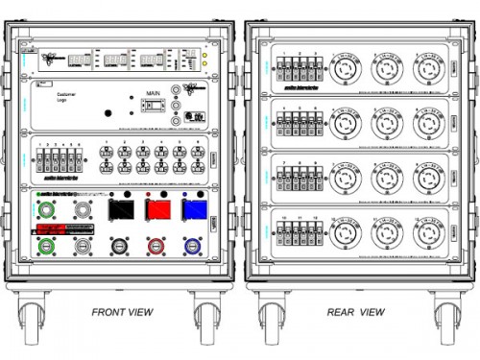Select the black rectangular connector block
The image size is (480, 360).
point(121,210)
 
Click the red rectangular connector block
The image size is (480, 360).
point(157,210)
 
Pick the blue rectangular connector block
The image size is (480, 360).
point(194,210)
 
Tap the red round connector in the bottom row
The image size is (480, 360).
point(157,246)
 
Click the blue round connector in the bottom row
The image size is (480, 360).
point(194,246)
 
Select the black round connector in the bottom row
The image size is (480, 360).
point(121,246)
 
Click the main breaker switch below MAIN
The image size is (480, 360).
point(151,108)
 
